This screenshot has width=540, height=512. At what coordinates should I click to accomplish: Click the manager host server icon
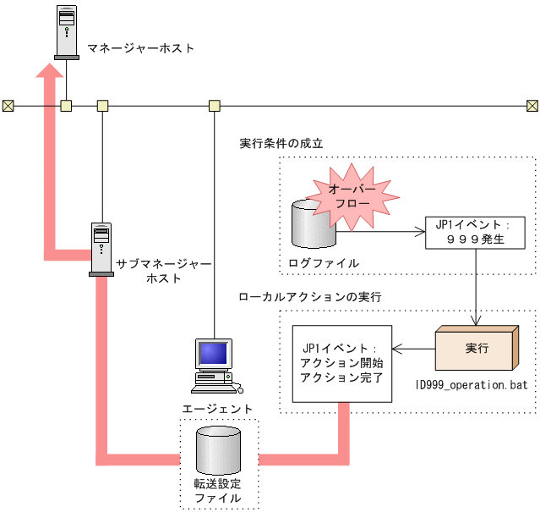pyautogui.click(x=67, y=33)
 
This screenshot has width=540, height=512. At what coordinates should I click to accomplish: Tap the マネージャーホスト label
pyautogui.click(x=141, y=48)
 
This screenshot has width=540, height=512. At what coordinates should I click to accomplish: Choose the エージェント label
pyautogui.click(x=218, y=409)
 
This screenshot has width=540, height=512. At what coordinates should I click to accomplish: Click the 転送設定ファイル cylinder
pyautogui.click(x=218, y=452)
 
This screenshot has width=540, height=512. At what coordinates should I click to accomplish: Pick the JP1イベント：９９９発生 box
pyautogui.click(x=474, y=233)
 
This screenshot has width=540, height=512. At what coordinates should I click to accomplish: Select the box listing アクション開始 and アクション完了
pyautogui.click(x=342, y=363)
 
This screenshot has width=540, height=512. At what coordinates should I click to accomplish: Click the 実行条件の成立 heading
pyautogui.click(x=281, y=143)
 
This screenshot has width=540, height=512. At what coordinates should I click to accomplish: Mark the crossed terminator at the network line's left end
pyautogui.click(x=8, y=106)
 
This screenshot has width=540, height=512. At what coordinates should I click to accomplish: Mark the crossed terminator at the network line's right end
pyautogui.click(x=532, y=106)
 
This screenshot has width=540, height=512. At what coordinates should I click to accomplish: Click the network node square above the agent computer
pyautogui.click(x=215, y=106)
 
